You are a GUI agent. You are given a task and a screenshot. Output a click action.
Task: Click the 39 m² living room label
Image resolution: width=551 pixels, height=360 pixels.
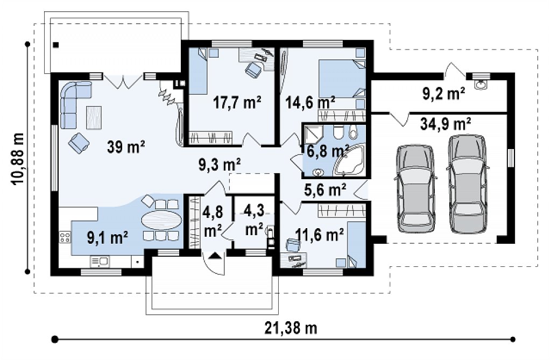click(x=126, y=147)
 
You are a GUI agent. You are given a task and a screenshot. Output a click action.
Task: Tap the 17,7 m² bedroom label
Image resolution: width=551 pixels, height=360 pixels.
click(x=237, y=102)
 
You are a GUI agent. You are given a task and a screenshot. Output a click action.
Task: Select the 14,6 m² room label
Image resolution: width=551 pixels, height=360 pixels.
click(x=310, y=103)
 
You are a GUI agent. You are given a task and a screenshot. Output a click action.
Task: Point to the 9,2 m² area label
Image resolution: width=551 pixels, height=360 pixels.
click(x=443, y=94)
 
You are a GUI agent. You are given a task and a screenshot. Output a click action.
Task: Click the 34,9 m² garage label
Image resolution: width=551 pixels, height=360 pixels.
click(x=446, y=124)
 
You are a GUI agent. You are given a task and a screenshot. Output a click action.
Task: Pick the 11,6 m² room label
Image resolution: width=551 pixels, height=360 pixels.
click(x=320, y=234)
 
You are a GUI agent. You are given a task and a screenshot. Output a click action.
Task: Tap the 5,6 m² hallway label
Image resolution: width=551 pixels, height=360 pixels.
click(x=325, y=189)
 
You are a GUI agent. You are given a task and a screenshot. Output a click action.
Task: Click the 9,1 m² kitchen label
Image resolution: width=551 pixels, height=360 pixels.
click(x=107, y=238)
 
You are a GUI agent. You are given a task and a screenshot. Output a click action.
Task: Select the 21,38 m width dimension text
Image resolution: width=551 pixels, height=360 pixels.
click(x=291, y=328)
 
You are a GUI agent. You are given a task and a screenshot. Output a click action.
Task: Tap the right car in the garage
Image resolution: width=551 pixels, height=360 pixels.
click(x=468, y=184)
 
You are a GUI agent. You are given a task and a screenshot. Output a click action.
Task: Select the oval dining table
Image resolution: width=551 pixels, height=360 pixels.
click(x=162, y=220)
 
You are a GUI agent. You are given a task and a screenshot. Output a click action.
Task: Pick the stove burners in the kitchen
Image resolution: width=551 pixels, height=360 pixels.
click(x=65, y=237)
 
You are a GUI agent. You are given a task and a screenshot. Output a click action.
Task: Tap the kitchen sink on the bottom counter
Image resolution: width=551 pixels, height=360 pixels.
click(x=100, y=261)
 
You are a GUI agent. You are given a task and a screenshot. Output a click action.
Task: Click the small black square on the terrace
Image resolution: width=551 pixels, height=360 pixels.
click(x=56, y=45)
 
